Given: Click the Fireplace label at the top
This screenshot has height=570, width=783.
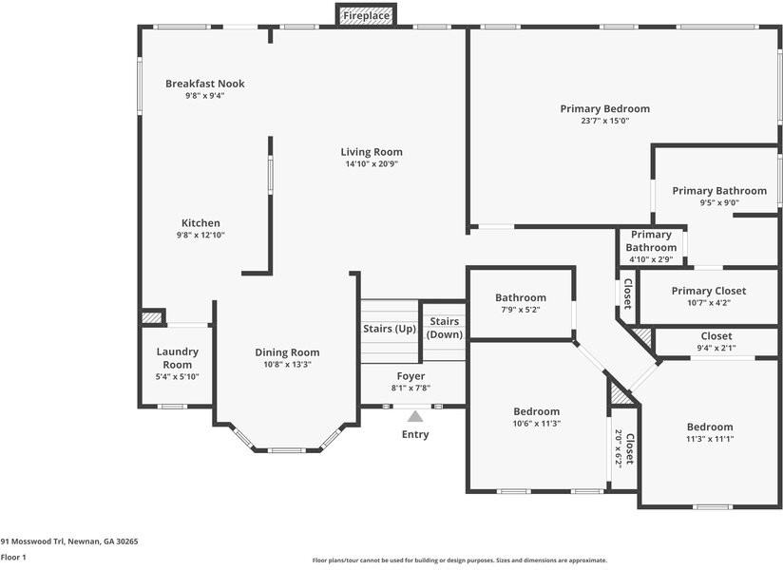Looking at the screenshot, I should pos(366,16).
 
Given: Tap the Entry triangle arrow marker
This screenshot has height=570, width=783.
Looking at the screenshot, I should pos(415,416).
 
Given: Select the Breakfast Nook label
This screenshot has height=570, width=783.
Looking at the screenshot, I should pos(204,84).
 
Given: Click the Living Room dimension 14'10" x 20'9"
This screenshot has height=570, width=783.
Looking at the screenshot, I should pos(372,164).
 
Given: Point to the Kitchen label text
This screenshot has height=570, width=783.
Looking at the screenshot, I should pos(201,223).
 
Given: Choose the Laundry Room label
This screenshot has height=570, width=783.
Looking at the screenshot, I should pos(177,358).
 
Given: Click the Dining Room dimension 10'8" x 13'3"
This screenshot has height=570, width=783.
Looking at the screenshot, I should pos(287,364).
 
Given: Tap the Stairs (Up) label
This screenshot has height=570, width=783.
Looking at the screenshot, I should pos(390,329).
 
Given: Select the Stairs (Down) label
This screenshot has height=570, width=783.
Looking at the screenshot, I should pos(445,328).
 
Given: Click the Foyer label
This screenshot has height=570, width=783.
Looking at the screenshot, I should pos(411,376).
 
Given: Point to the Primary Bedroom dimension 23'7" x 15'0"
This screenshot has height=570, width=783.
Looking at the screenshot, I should pos(604,121).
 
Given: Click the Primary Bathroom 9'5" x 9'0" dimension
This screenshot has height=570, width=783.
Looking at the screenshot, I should pos(719,202).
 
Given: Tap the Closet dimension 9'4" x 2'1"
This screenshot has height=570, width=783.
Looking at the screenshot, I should pos(716,348).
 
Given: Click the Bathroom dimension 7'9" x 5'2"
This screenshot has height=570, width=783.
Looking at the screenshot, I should pos(520,310).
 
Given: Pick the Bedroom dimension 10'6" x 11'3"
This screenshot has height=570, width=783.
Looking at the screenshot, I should pos(536,424).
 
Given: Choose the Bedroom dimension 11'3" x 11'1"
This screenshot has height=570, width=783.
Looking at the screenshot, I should pos(710,439).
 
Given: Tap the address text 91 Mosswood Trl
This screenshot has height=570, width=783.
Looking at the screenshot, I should pos(69,541).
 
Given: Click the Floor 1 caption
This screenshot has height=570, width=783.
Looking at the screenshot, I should pos(13,558).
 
